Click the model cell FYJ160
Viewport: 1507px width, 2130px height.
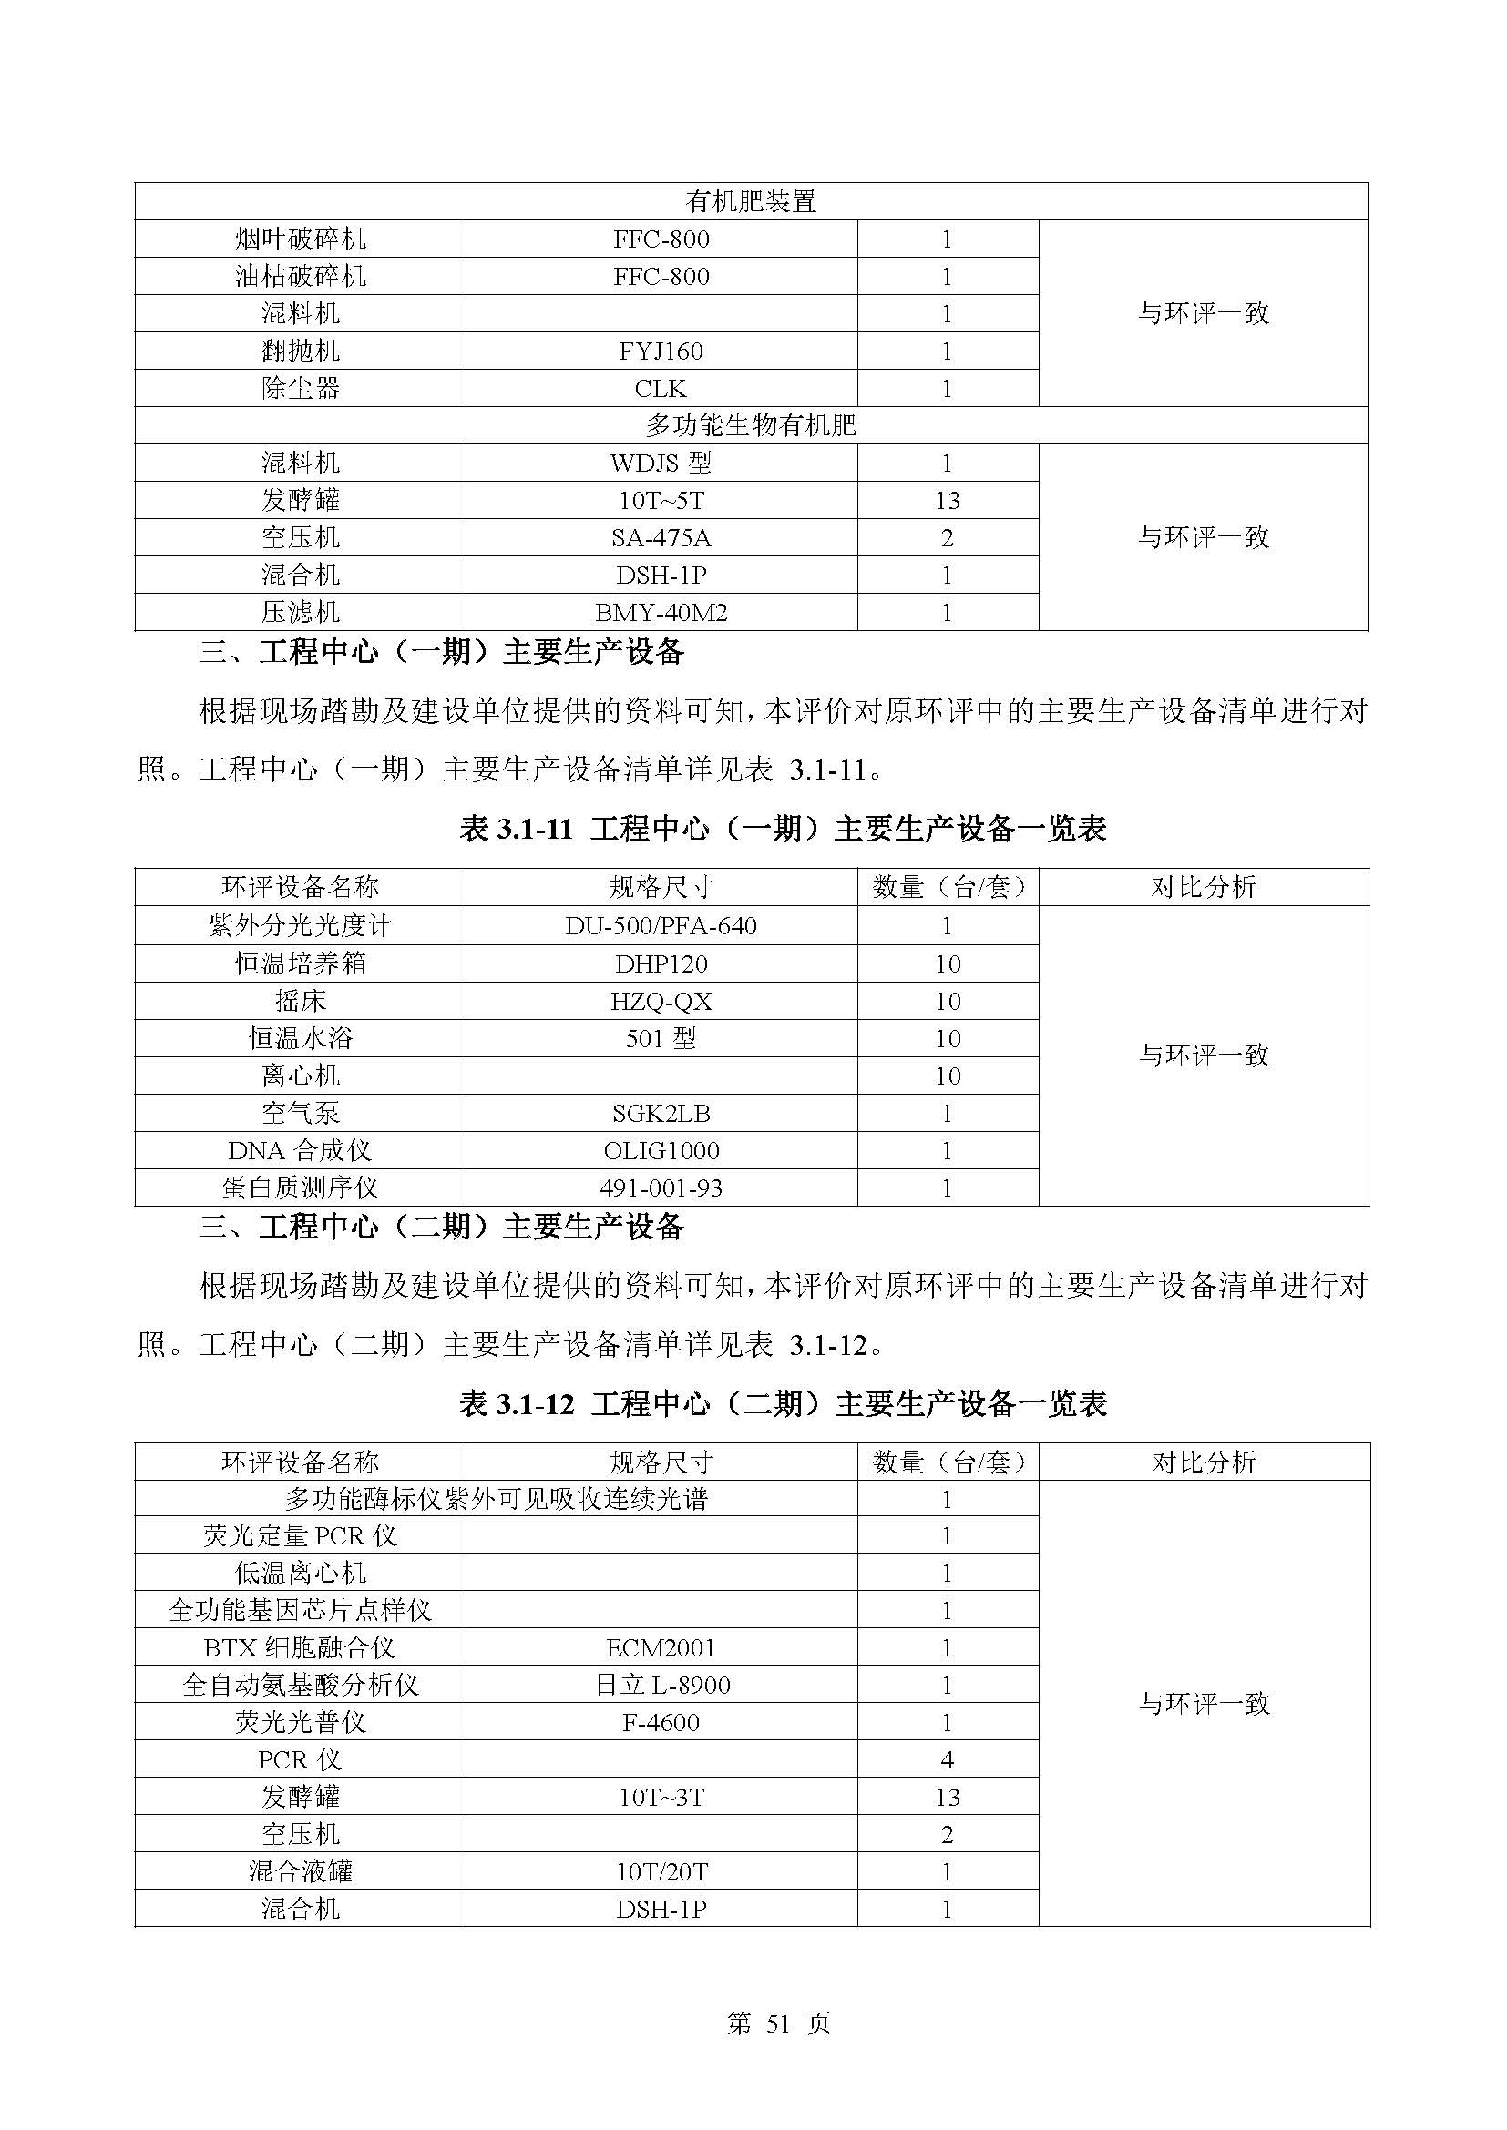(661, 351)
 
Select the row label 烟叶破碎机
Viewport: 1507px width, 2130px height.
(300, 239)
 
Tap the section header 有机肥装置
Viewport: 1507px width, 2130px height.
(751, 201)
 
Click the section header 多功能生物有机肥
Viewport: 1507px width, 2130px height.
(751, 426)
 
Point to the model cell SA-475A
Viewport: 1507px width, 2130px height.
(661, 537)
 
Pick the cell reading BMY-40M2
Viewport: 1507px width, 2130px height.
(661, 612)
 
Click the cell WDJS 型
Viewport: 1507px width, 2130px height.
(661, 463)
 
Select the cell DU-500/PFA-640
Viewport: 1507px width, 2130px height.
(661, 926)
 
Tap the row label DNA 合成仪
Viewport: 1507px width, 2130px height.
(300, 1150)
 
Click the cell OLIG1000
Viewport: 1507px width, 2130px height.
(661, 1150)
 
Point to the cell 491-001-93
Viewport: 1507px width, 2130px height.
(661, 1187)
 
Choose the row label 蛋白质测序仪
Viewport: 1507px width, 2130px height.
(300, 1187)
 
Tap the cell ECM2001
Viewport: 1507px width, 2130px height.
(661, 1647)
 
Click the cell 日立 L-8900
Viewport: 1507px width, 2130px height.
(661, 1685)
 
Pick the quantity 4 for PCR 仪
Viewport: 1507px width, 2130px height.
(947, 1760)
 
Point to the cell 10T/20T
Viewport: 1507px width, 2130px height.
(661, 1871)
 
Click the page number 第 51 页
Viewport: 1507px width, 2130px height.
(777, 2023)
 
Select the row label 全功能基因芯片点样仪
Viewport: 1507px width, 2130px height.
(300, 1611)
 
